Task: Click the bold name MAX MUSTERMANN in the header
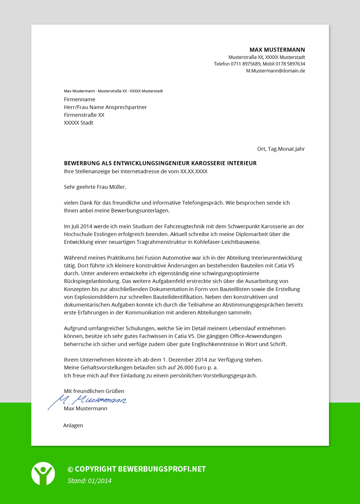point(277,50)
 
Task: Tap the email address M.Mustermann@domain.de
point(275,71)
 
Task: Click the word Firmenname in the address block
point(80,99)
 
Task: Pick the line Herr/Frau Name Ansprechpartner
point(105,107)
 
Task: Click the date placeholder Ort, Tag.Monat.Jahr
point(281,149)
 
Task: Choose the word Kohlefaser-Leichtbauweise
point(227,242)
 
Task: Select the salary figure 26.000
point(185,368)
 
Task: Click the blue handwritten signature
point(91,400)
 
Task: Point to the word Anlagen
point(73,426)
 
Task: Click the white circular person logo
point(43,473)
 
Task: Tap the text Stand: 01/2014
point(89,481)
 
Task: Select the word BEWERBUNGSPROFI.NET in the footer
point(162,469)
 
